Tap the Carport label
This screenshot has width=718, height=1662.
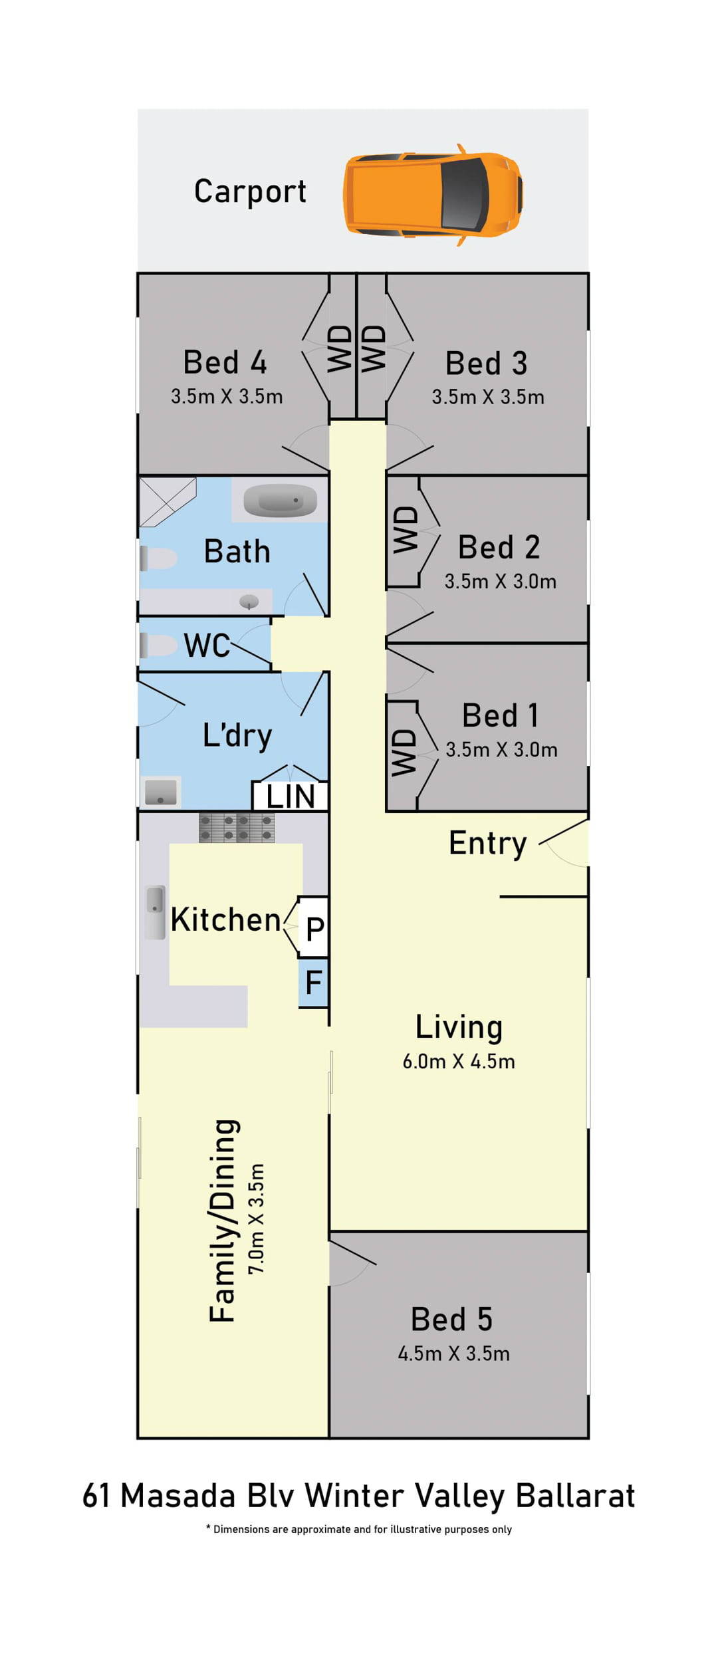pyautogui.click(x=250, y=192)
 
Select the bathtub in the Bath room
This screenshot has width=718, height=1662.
pyautogui.click(x=280, y=501)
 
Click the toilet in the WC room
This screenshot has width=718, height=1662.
pyautogui.click(x=159, y=645)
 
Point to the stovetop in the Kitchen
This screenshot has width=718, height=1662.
pyautogui.click(x=237, y=827)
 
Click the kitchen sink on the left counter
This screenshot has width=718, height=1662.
pyautogui.click(x=156, y=912)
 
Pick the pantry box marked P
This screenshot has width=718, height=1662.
pyautogui.click(x=314, y=927)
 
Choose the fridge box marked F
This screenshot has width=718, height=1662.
pyautogui.click(x=314, y=983)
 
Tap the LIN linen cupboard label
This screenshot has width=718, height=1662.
pyautogui.click(x=291, y=796)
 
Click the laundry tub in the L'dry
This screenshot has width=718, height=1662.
pyautogui.click(x=161, y=792)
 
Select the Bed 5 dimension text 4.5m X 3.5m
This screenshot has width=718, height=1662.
pyautogui.click(x=454, y=1354)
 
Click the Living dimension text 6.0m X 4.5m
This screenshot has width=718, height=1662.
pyautogui.click(x=459, y=1061)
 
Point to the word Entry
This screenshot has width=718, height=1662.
pyautogui.click(x=488, y=844)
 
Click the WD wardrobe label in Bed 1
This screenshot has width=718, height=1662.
pyautogui.click(x=404, y=753)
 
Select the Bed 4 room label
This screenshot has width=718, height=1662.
pyautogui.click(x=225, y=362)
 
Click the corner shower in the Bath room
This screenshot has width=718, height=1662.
pyautogui.click(x=168, y=502)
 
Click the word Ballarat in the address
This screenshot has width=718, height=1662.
pyautogui.click(x=576, y=1496)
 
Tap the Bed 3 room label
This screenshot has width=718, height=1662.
pyautogui.click(x=487, y=364)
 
